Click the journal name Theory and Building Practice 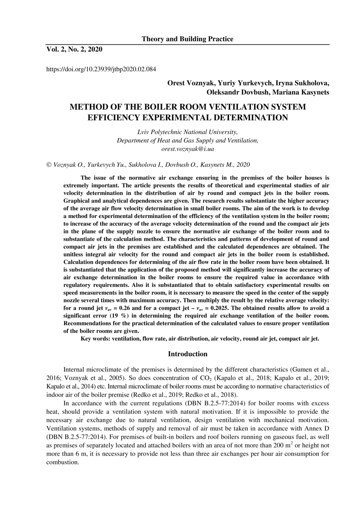(187, 39)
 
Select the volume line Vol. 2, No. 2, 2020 (74, 49)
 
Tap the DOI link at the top (101, 69)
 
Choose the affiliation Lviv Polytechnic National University (187, 132)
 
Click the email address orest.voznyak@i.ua (187, 148)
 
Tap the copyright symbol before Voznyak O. (49, 165)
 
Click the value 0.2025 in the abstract (233, 308)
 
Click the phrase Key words (96, 339)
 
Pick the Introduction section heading (188, 354)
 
